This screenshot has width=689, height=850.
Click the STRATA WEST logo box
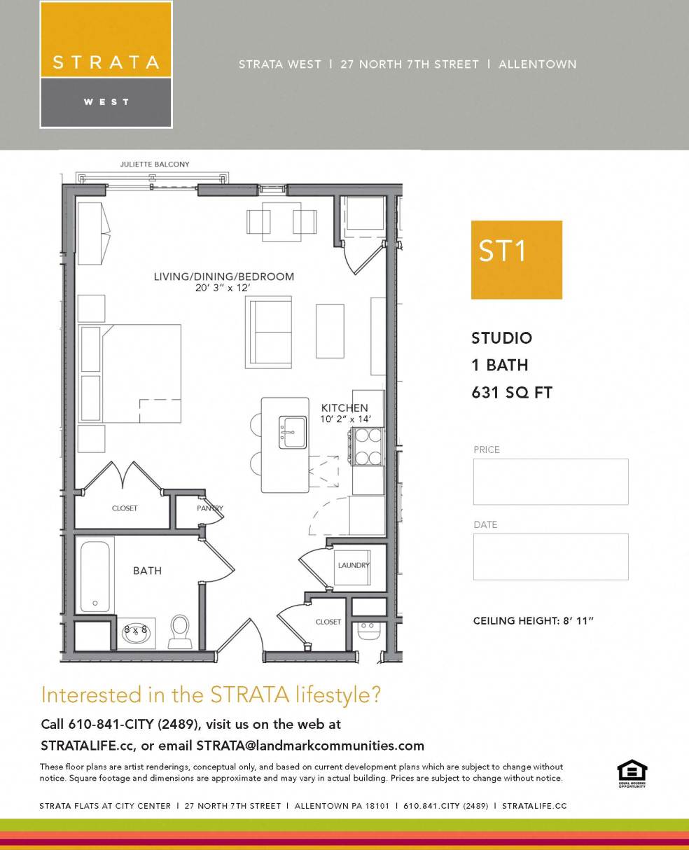point(106,64)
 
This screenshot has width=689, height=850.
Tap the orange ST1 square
point(516,260)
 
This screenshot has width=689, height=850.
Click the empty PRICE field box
point(550,482)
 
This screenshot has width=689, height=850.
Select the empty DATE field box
point(550,557)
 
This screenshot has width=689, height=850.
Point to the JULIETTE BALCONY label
point(155,165)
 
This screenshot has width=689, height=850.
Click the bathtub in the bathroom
point(96,576)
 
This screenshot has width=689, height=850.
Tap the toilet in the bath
point(180,630)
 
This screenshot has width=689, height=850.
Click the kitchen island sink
point(293,432)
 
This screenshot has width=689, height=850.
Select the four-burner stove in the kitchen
point(367,447)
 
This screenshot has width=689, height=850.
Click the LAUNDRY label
point(354,565)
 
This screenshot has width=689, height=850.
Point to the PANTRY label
point(209,508)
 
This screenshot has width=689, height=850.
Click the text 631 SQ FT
point(512,393)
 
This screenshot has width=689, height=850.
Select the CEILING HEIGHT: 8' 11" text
point(533,621)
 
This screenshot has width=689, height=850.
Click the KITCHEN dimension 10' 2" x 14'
point(345,419)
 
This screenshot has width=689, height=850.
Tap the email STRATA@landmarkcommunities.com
point(310,745)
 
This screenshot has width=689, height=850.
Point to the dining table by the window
point(281,221)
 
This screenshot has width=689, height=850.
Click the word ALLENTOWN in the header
point(537,64)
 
